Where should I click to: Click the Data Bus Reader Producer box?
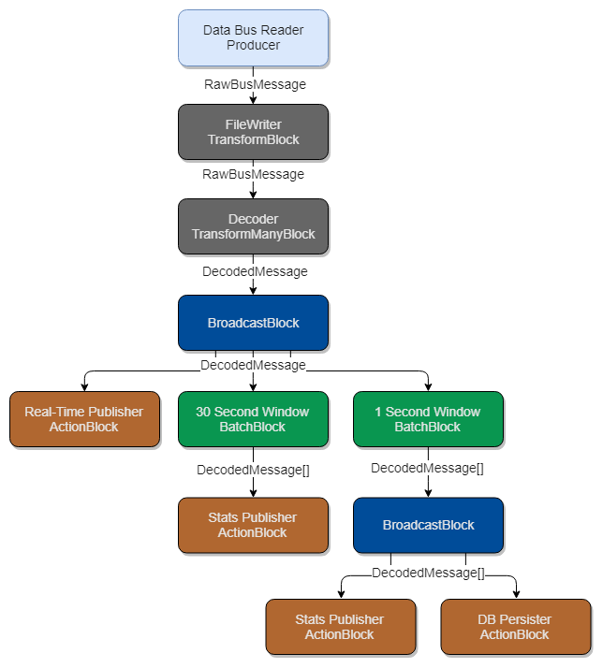point(253,37)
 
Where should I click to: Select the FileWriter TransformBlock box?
point(253,132)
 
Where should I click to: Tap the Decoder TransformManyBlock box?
point(253,226)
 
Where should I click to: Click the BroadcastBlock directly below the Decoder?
point(253,323)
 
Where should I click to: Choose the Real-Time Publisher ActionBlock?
point(84,419)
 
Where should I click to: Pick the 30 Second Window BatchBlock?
point(253,419)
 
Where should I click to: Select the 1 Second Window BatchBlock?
point(428,419)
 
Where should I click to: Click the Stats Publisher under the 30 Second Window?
point(253,525)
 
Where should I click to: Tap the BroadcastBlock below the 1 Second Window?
point(428,525)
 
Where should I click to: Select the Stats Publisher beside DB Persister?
point(340,627)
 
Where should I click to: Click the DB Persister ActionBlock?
point(515,627)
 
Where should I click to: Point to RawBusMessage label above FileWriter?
point(255,84)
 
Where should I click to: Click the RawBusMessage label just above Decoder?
point(253,174)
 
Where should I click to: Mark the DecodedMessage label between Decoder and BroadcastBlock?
point(255,271)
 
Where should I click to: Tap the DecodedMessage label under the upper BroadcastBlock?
point(253,365)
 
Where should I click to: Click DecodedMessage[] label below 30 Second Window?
point(253,469)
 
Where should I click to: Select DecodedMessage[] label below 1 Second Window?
point(427,468)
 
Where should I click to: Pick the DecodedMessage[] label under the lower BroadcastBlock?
point(428,574)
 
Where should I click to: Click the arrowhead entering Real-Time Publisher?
point(84,386)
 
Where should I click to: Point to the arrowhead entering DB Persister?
point(515,594)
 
